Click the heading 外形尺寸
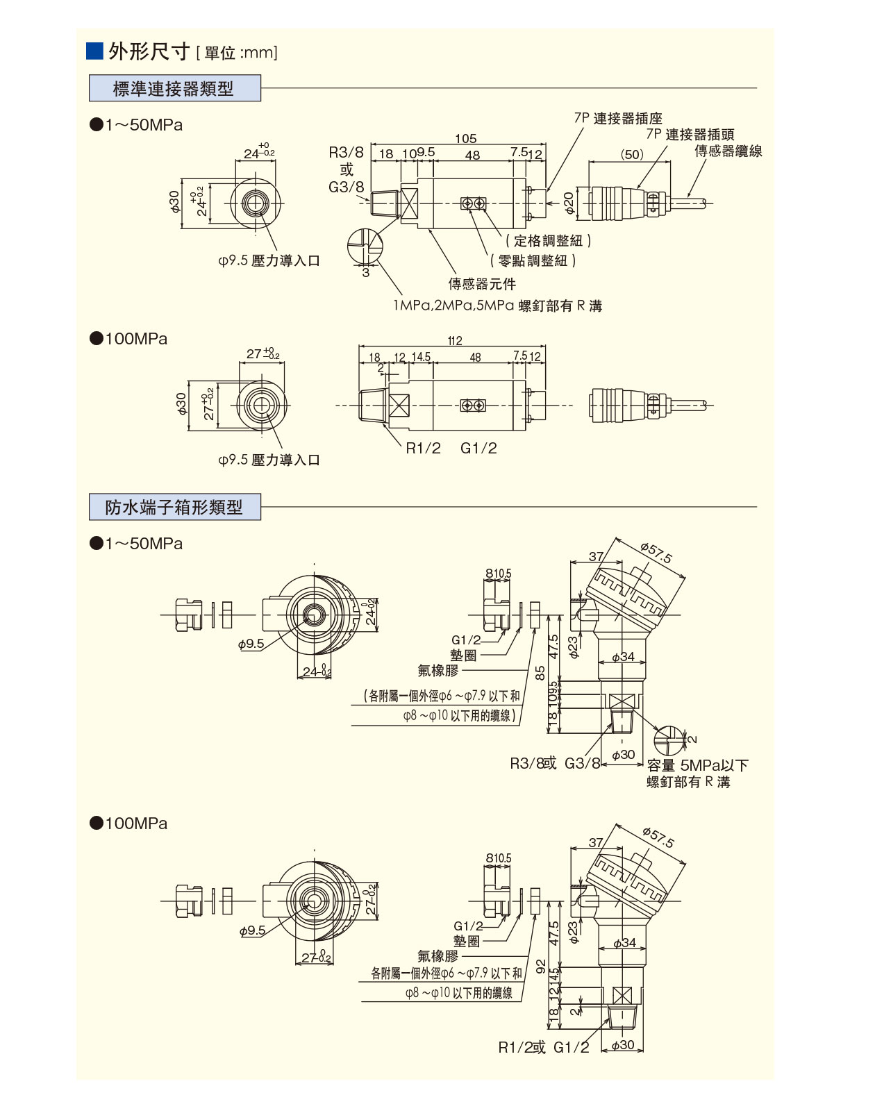[149, 51]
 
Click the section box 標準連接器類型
[174, 89]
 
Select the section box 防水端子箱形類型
[174, 508]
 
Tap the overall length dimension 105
[465, 139]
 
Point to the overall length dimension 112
[455, 341]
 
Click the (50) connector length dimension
[632, 154]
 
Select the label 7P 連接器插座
[618, 118]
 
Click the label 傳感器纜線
[728, 151]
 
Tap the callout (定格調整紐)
[548, 241]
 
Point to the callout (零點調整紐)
[533, 261]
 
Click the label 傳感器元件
[482, 284]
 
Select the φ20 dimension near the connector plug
[569, 203]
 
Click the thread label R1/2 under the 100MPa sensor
[423, 449]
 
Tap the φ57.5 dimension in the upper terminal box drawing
[657, 553]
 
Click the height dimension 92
[541, 967]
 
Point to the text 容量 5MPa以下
[697, 765]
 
